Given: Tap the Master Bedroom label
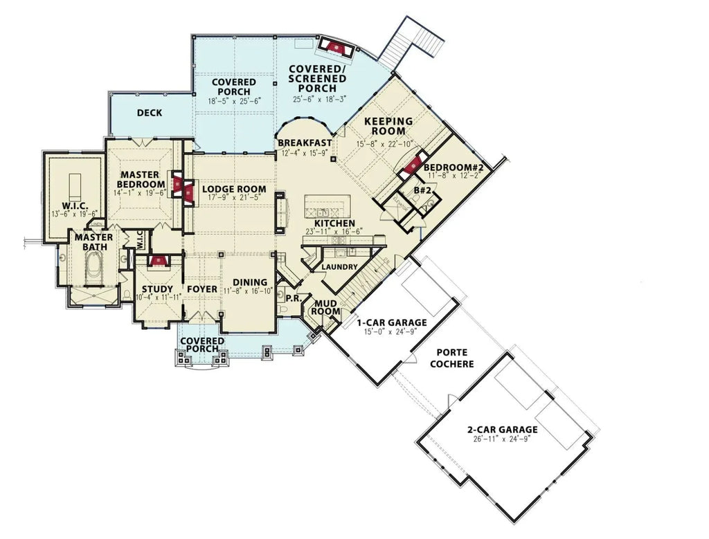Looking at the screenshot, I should [141, 179].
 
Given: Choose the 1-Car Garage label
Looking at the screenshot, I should [392, 322].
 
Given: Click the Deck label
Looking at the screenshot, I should [150, 113].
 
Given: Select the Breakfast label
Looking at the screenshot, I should [305, 143].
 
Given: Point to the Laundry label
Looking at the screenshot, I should [339, 267].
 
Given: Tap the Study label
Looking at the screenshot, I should [156, 289].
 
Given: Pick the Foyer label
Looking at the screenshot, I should [201, 289].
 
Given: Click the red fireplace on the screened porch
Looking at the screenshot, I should [334, 47].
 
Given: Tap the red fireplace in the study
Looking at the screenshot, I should [159, 261].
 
